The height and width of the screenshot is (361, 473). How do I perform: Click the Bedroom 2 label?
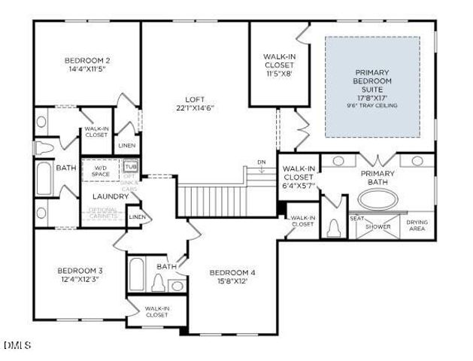point(87,60)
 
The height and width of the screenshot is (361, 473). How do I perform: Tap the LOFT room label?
point(195,99)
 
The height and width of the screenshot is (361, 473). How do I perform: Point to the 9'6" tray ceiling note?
point(372,105)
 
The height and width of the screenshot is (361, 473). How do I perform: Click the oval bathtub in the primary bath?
point(380,200)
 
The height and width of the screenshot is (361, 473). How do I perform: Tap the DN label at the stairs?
point(261,162)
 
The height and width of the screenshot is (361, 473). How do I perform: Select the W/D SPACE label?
point(100,171)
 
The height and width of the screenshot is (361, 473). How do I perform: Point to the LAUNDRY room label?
point(111,196)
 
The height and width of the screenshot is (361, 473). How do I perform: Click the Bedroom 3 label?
point(80,270)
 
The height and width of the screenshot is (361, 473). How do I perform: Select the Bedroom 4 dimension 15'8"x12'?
point(232,281)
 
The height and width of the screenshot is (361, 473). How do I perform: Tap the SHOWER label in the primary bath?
point(378,226)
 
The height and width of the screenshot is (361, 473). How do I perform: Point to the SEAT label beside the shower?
point(356,219)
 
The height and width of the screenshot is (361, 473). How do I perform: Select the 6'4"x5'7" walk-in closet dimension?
point(298,185)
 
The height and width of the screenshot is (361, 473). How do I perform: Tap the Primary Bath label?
point(377,177)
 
